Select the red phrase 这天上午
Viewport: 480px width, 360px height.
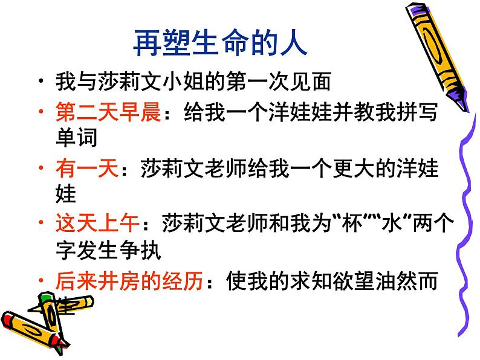click(x=97, y=224)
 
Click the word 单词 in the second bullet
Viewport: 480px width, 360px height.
click(x=76, y=138)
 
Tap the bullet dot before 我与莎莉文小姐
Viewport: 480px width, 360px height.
click(x=40, y=81)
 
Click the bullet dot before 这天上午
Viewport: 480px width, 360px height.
click(x=40, y=225)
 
